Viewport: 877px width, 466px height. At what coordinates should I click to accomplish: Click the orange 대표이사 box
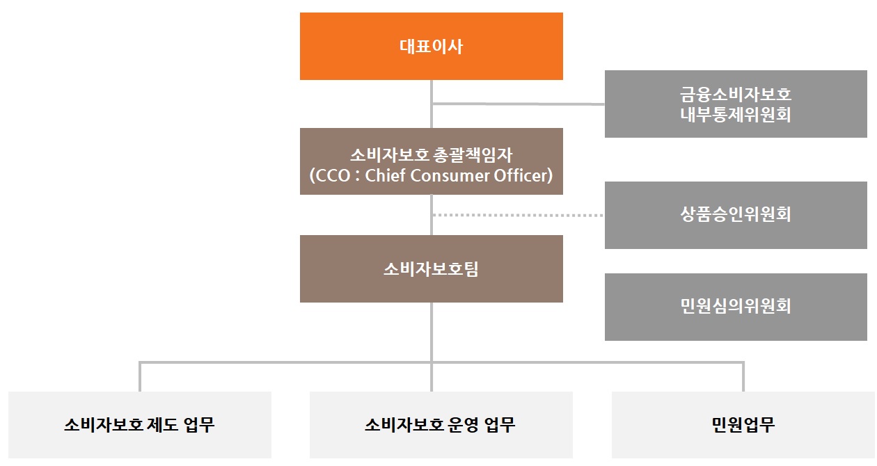[x=432, y=46]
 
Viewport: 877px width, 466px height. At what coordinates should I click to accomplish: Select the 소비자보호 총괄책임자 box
[x=432, y=161]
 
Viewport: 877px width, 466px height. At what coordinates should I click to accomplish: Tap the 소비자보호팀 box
[x=432, y=268]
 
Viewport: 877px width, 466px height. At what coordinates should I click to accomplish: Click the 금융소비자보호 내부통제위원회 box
[x=736, y=104]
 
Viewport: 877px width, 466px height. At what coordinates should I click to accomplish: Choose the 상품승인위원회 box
[x=736, y=215]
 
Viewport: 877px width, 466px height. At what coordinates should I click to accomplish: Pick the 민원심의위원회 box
[x=736, y=307]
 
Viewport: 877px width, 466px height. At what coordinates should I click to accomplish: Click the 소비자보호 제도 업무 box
[x=140, y=425]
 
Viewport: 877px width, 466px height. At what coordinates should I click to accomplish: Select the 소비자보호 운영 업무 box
[x=441, y=425]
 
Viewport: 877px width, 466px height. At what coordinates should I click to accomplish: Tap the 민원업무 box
[x=743, y=425]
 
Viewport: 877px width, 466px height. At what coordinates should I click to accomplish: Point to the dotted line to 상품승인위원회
[x=519, y=215]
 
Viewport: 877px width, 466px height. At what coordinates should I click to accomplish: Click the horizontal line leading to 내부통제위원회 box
[x=519, y=104]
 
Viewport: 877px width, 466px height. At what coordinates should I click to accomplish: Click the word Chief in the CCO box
[x=386, y=175]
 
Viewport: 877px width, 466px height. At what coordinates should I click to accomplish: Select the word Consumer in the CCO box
[x=450, y=176]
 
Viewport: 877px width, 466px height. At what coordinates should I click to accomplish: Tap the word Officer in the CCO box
[x=520, y=175]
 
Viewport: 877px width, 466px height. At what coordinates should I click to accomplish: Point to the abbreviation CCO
[x=333, y=176]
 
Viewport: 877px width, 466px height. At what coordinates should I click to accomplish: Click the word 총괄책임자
[x=472, y=155]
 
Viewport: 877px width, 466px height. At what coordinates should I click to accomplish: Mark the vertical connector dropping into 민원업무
[x=743, y=377]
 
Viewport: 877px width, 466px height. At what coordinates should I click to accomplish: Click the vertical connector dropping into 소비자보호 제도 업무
[x=140, y=377]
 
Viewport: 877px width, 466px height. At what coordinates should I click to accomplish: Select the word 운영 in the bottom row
[x=463, y=425]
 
